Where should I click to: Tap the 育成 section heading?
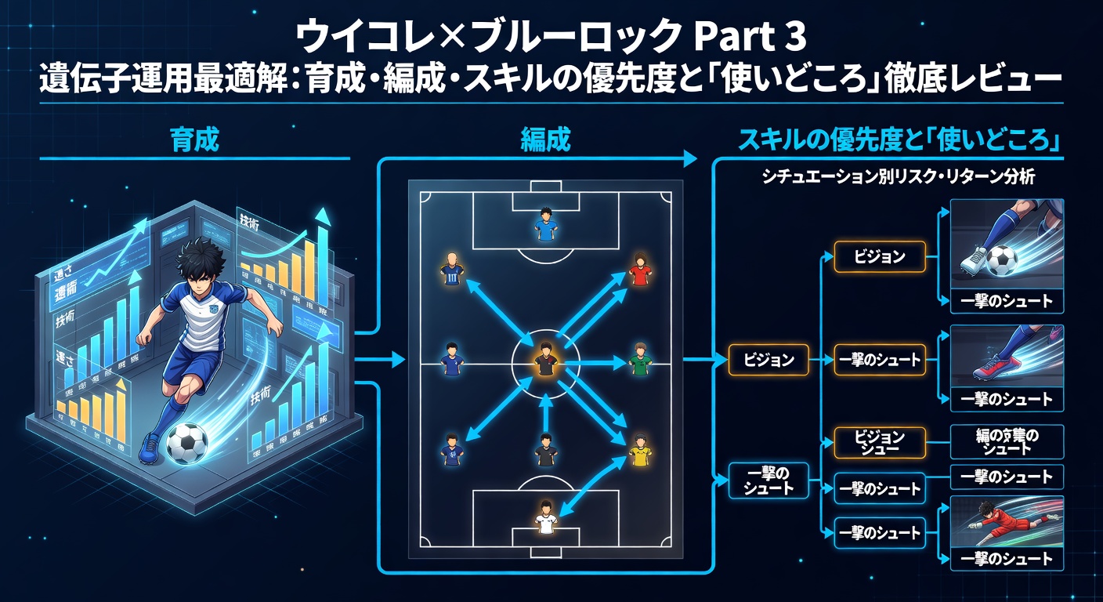pyautogui.click(x=193, y=140)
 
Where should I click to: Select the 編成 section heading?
pyautogui.click(x=545, y=140)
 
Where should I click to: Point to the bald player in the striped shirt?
pyautogui.click(x=451, y=269)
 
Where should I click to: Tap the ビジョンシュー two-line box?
pyautogui.click(x=880, y=442)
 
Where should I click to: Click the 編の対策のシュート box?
pyautogui.click(x=1007, y=442)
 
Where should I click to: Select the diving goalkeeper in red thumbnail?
pyautogui.click(x=1007, y=521)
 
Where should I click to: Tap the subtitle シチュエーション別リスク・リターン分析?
pyautogui.click(x=898, y=178)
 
